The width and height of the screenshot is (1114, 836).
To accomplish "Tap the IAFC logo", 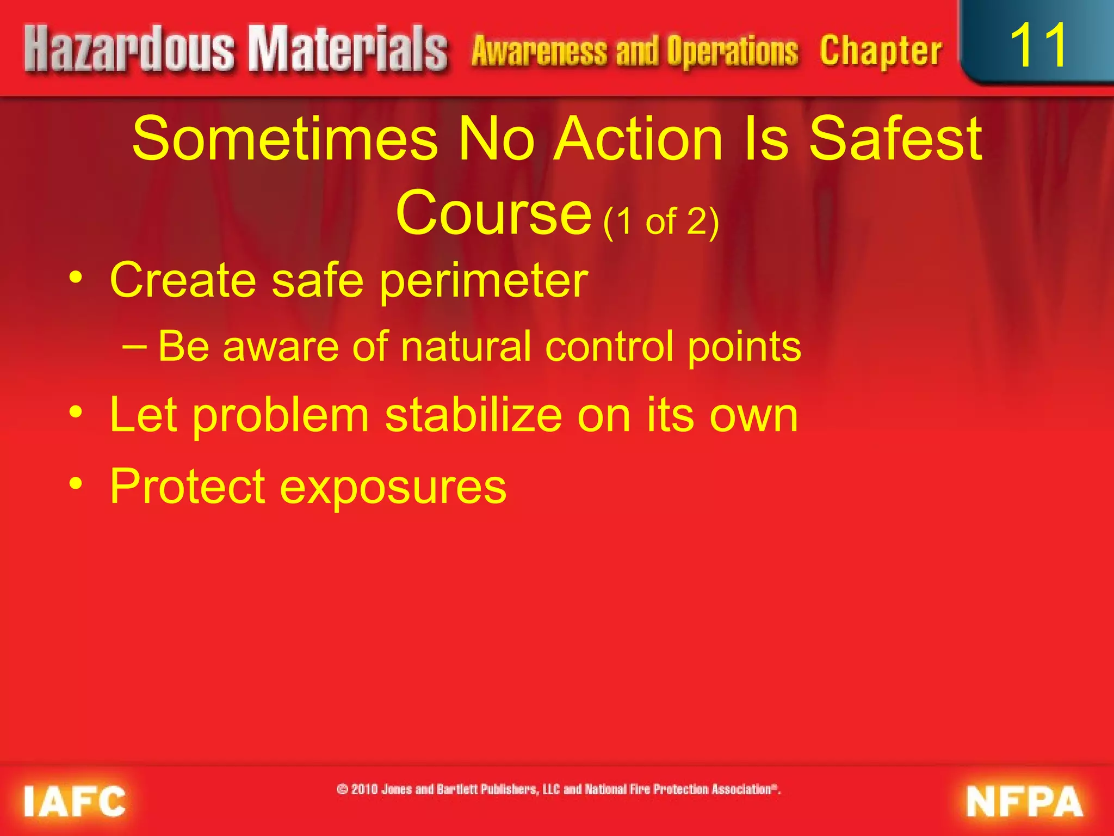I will point(75,801).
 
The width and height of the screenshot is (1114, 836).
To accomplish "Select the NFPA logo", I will point(1025,801).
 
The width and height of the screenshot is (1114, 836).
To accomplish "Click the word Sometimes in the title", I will point(284,139).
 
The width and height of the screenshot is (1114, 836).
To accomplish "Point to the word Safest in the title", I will point(896,139).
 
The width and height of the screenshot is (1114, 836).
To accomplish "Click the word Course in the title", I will point(493,213).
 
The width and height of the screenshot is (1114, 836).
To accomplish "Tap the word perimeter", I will point(484,281).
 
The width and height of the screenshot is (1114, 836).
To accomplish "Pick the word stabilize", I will point(473,415).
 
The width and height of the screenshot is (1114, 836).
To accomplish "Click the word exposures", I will point(393,486).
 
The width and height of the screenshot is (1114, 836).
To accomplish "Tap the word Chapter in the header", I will point(881,51).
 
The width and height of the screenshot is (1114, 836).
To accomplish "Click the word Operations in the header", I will point(733,52).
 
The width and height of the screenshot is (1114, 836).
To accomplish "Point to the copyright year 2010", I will point(364,789).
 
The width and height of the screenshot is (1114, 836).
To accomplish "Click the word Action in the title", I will point(638,139).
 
